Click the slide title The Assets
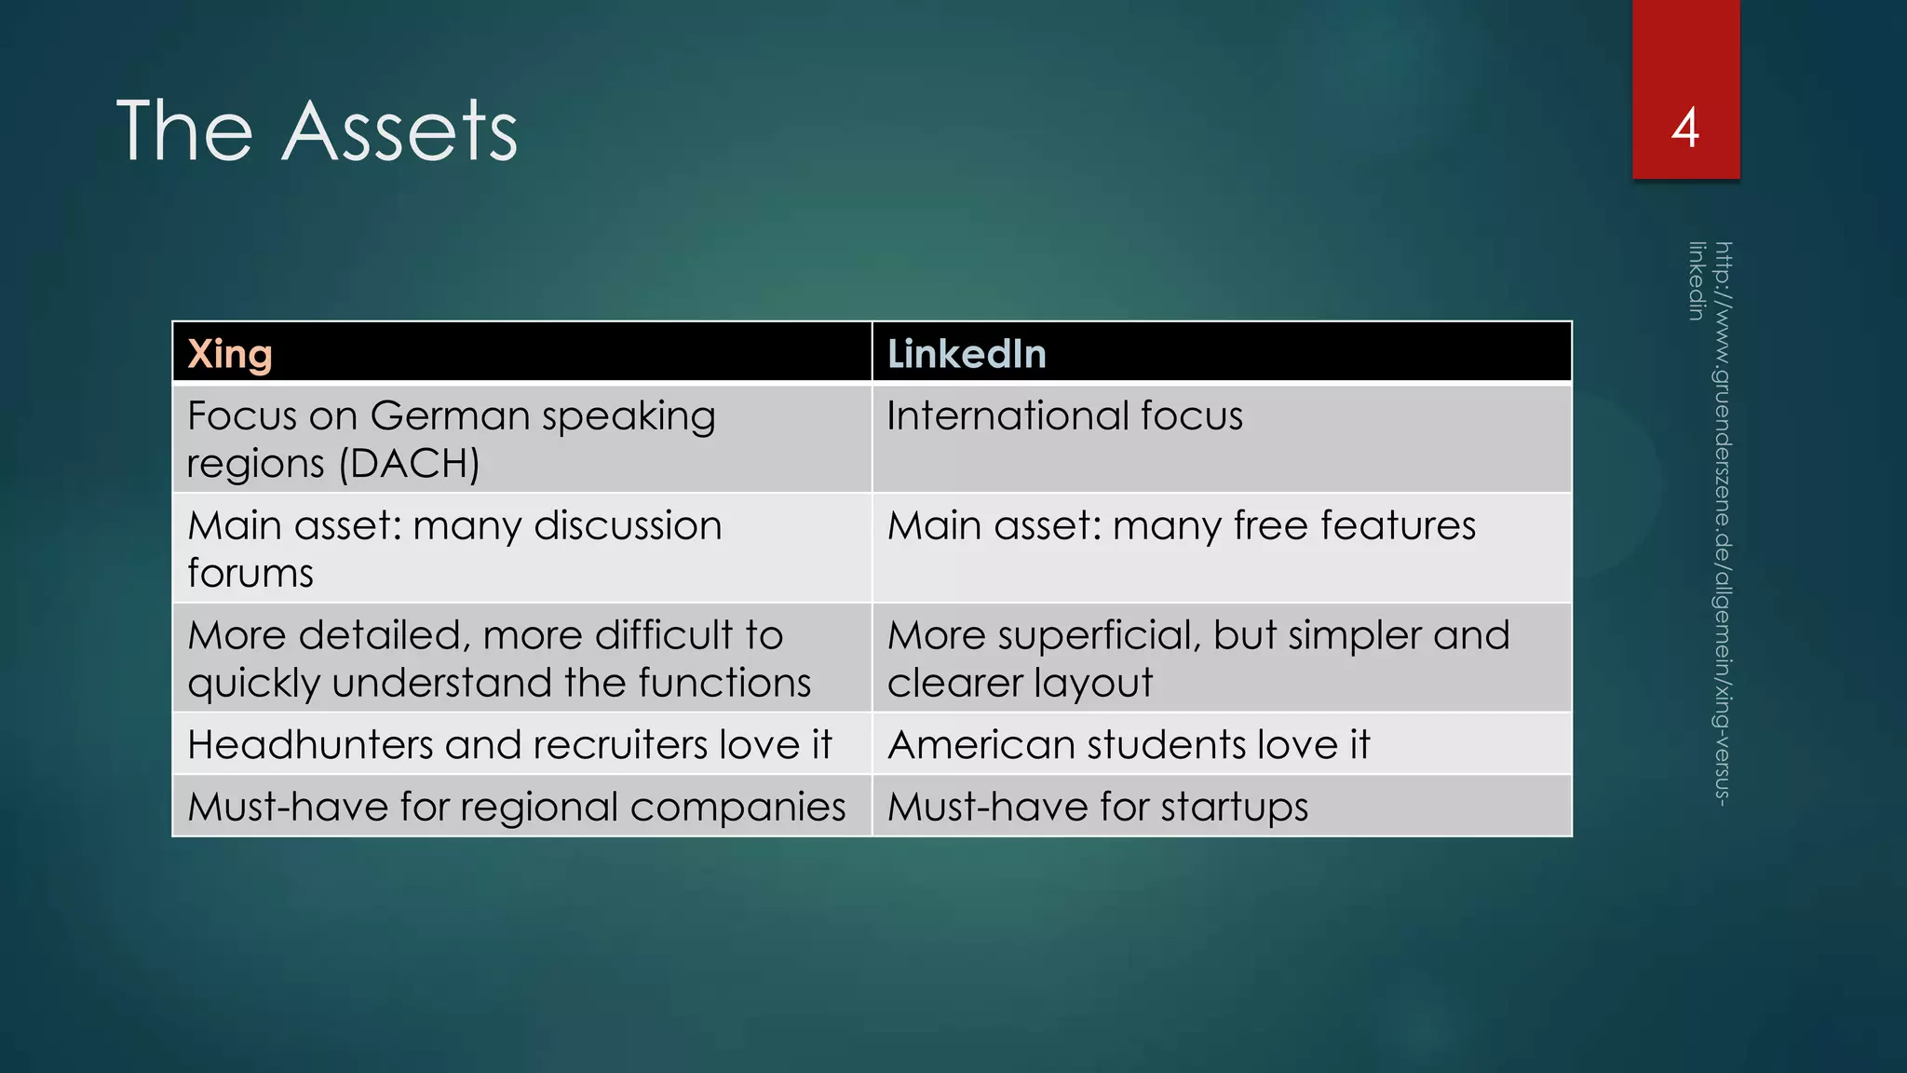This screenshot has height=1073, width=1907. (317, 131)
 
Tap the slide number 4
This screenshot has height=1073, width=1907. (1685, 128)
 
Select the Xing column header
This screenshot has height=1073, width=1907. (230, 354)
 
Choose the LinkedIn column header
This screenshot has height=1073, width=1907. (967, 354)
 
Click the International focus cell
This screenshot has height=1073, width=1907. (1064, 415)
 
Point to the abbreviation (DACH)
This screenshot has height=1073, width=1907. (410, 464)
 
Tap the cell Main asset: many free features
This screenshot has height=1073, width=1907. (1181, 526)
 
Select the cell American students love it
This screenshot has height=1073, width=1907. (1129, 745)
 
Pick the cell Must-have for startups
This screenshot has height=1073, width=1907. (1098, 807)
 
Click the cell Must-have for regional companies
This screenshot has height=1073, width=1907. (517, 807)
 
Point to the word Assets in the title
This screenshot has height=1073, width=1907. (399, 131)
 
